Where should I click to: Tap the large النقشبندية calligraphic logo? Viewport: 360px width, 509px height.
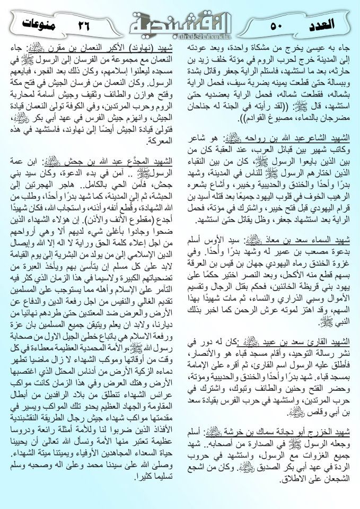coord(181,21)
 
